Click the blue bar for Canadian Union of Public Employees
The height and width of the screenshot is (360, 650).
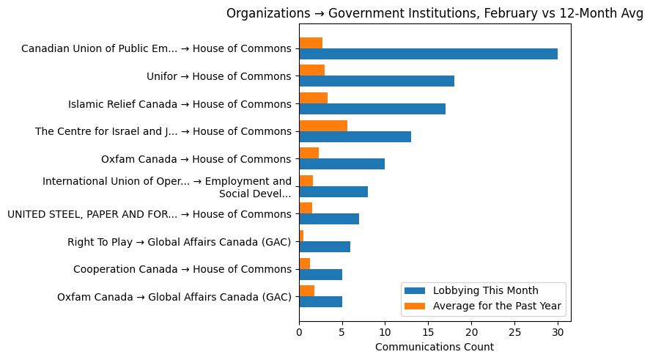click(x=428, y=54)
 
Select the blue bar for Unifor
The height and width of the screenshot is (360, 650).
click(x=377, y=81)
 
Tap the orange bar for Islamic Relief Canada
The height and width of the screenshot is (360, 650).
click(x=313, y=98)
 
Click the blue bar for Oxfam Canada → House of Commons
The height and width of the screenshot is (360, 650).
click(x=341, y=164)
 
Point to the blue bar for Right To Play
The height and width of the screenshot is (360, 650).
click(x=325, y=247)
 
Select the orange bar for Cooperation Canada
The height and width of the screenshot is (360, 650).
click(x=304, y=263)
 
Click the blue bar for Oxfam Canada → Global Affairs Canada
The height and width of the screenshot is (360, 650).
click(x=320, y=302)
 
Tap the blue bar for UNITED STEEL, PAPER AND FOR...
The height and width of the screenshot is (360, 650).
click(x=329, y=219)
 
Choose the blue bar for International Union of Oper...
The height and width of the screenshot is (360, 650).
click(x=333, y=192)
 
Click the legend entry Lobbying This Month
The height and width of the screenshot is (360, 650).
click(x=486, y=290)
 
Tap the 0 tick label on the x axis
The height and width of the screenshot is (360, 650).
click(x=299, y=332)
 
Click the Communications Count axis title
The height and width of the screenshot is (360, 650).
click(x=435, y=347)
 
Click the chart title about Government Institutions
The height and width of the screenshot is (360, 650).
click(x=435, y=12)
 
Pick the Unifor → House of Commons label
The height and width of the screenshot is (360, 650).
click(x=219, y=76)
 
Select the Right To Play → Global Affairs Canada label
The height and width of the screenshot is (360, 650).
click(x=180, y=242)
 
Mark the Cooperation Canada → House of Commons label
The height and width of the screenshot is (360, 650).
click(x=182, y=269)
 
